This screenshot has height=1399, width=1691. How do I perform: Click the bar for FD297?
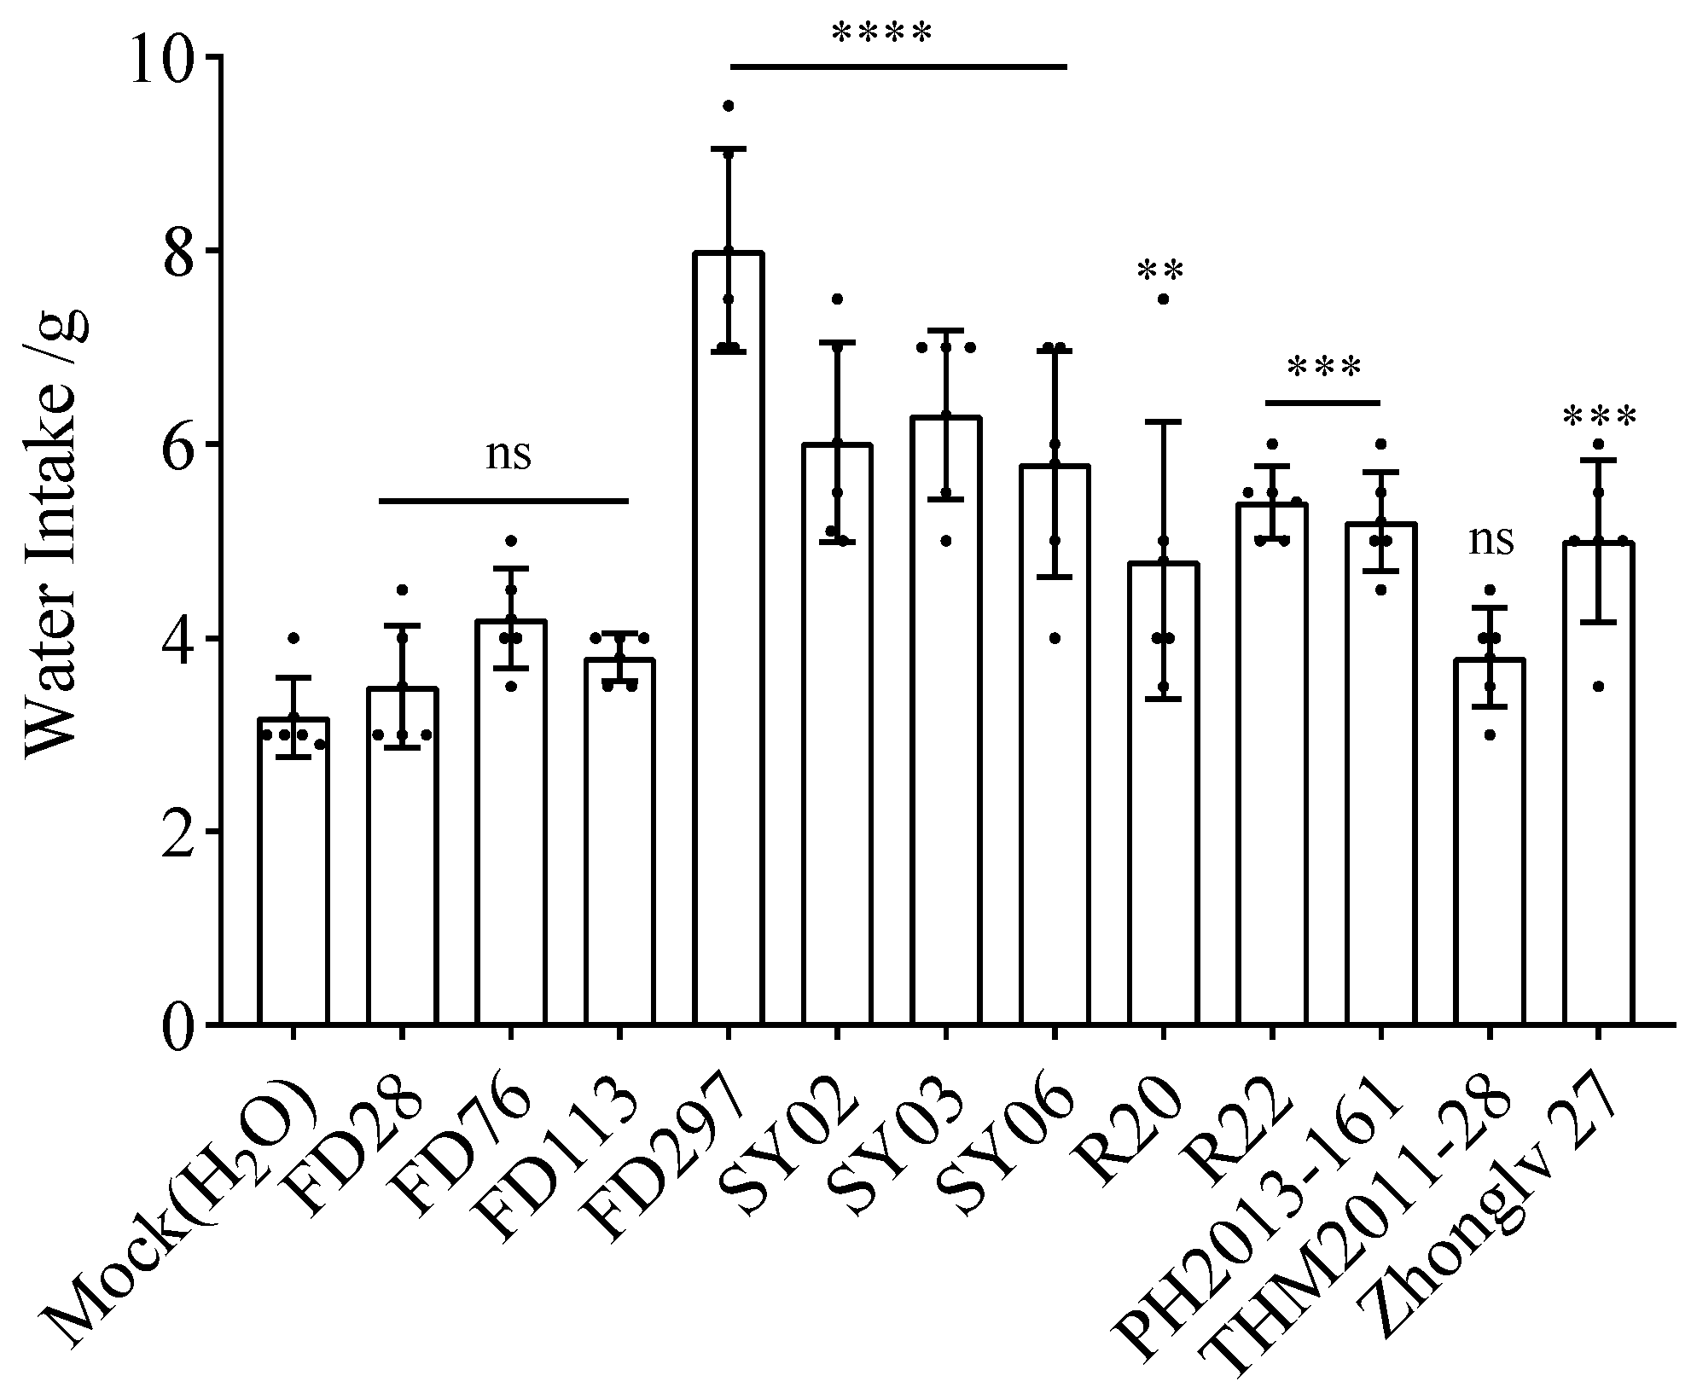click(729, 640)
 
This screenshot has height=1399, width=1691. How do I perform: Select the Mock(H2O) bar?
click(293, 870)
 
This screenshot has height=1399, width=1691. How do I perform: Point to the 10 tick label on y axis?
click(162, 56)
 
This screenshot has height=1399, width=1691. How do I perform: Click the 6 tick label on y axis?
click(182, 444)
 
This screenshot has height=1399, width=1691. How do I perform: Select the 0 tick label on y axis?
click(182, 1025)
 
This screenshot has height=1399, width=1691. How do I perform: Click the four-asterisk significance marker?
click(882, 35)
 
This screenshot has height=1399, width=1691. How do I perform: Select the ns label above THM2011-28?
click(1491, 541)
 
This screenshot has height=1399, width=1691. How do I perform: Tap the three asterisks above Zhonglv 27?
click(1599, 417)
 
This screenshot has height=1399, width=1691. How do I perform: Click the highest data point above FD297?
click(729, 106)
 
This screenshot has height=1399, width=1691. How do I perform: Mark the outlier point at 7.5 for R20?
click(1163, 299)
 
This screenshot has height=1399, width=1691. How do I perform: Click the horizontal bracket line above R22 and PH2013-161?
click(1322, 402)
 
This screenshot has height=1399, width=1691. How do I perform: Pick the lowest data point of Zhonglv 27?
click(1598, 686)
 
